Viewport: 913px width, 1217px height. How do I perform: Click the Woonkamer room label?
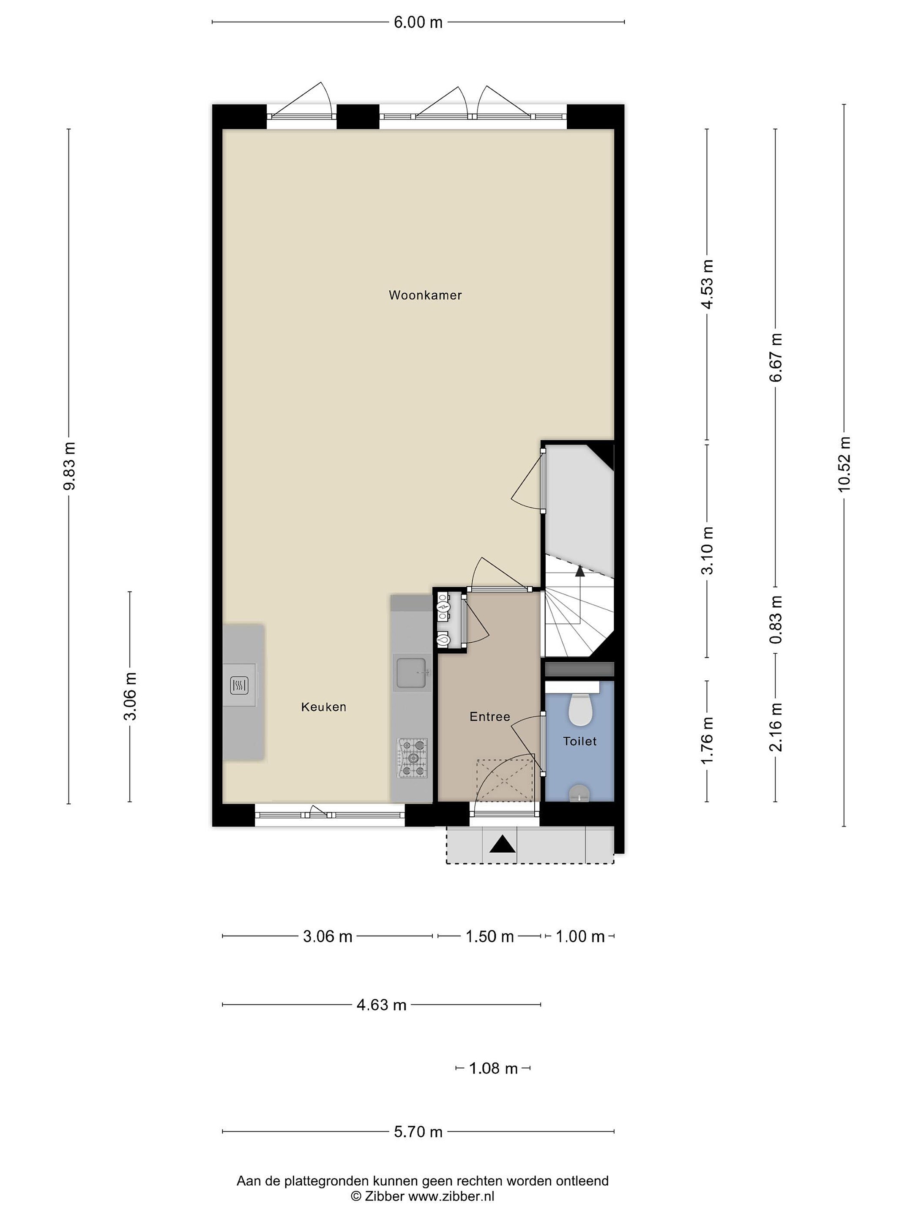point(425,295)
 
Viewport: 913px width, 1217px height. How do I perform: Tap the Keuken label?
point(324,707)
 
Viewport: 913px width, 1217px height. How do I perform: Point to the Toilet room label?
point(580,741)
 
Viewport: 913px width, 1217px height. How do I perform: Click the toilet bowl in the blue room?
point(580,710)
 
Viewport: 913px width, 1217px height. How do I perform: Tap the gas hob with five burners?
point(413,758)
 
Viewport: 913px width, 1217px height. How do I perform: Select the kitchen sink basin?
point(411,673)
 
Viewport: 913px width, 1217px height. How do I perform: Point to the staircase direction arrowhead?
point(580,570)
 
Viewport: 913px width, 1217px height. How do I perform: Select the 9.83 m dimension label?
point(69,465)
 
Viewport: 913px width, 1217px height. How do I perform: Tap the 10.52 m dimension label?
point(844,464)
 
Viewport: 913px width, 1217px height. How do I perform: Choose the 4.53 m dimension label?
point(707,284)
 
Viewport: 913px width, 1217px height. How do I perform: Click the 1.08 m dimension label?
point(493,1068)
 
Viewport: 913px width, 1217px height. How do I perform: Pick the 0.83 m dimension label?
point(776,619)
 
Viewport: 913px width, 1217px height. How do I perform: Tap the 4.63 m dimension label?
point(381,1005)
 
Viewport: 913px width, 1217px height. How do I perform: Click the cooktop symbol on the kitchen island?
point(239,685)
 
